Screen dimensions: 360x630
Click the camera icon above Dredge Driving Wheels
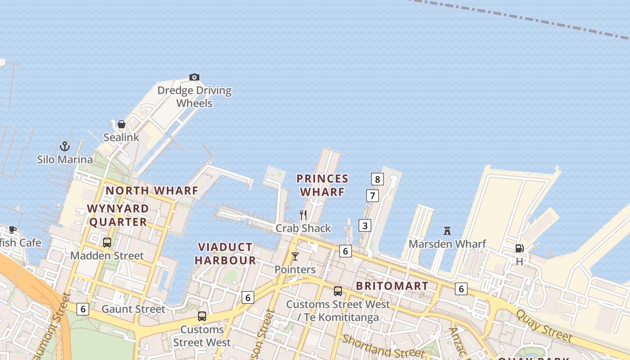(194, 77)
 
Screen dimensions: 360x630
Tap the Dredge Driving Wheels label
(194, 97)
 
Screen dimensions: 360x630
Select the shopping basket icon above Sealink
(121, 124)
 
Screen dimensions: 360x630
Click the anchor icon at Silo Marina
(65, 146)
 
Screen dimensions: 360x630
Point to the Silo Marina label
(65, 159)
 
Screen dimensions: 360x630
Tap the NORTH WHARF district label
(152, 190)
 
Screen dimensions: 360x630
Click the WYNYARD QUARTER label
(118, 215)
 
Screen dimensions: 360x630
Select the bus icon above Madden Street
(107, 242)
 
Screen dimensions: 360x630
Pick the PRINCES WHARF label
(322, 185)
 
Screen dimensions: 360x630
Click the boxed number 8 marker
(377, 179)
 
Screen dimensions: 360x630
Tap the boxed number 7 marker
(372, 196)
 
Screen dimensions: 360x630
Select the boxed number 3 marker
(364, 225)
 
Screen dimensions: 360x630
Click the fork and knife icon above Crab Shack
(303, 215)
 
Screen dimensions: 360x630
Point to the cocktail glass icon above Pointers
(295, 256)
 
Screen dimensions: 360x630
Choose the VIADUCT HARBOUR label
(225, 253)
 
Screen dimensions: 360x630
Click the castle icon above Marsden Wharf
(447, 231)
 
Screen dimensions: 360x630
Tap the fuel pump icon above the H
(519, 248)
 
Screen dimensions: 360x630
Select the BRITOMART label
(392, 286)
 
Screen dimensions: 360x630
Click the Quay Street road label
(544, 325)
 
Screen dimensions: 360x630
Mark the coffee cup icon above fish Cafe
(13, 229)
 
